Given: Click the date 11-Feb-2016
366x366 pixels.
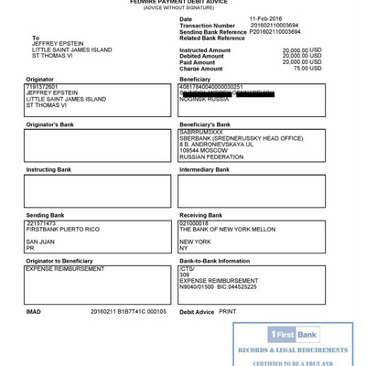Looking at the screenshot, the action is pyautogui.click(x=265, y=18).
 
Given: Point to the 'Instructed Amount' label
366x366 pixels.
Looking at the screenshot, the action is pyautogui.click(x=205, y=50).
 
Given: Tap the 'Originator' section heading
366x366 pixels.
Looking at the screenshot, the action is pyautogui.click(x=39, y=80).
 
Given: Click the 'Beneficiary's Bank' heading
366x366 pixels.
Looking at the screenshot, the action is pyautogui.click(x=205, y=124).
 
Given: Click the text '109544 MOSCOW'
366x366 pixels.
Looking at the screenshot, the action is pyautogui.click(x=202, y=150).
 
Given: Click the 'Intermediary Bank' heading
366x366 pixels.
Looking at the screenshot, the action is pyautogui.click(x=204, y=170).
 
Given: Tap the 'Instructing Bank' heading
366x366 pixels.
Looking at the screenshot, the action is pyautogui.click(x=48, y=170).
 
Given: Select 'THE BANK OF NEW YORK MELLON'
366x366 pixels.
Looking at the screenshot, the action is pyautogui.click(x=227, y=229).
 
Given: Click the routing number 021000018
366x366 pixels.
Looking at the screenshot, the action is pyautogui.click(x=194, y=223).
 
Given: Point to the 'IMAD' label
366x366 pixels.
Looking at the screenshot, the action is pyautogui.click(x=34, y=311).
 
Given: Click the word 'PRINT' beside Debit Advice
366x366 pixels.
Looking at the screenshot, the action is pyautogui.click(x=228, y=311).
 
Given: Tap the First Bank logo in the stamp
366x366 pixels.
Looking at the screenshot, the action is pyautogui.click(x=293, y=335).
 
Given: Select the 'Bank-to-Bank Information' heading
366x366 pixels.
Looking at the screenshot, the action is pyautogui.click(x=214, y=261).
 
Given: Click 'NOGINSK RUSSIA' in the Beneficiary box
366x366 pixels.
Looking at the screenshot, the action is pyautogui.click(x=205, y=99).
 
